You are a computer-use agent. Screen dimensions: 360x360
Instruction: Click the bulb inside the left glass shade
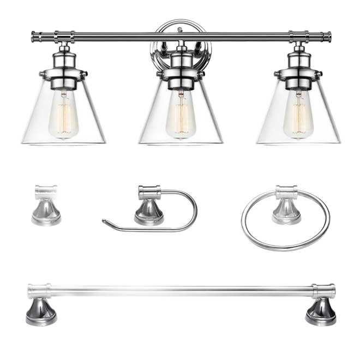click(x=63, y=116)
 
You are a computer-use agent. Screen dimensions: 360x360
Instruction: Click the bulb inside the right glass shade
click(x=298, y=116)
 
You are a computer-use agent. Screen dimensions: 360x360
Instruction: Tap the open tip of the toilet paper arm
click(x=104, y=221)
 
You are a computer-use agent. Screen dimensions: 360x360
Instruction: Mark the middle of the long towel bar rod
click(x=181, y=291)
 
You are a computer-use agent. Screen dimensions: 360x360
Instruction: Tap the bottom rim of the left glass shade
click(x=63, y=143)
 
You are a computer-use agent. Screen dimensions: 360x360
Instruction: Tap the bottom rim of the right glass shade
click(x=298, y=143)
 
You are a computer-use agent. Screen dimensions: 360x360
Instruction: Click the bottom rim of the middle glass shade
click(x=181, y=144)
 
